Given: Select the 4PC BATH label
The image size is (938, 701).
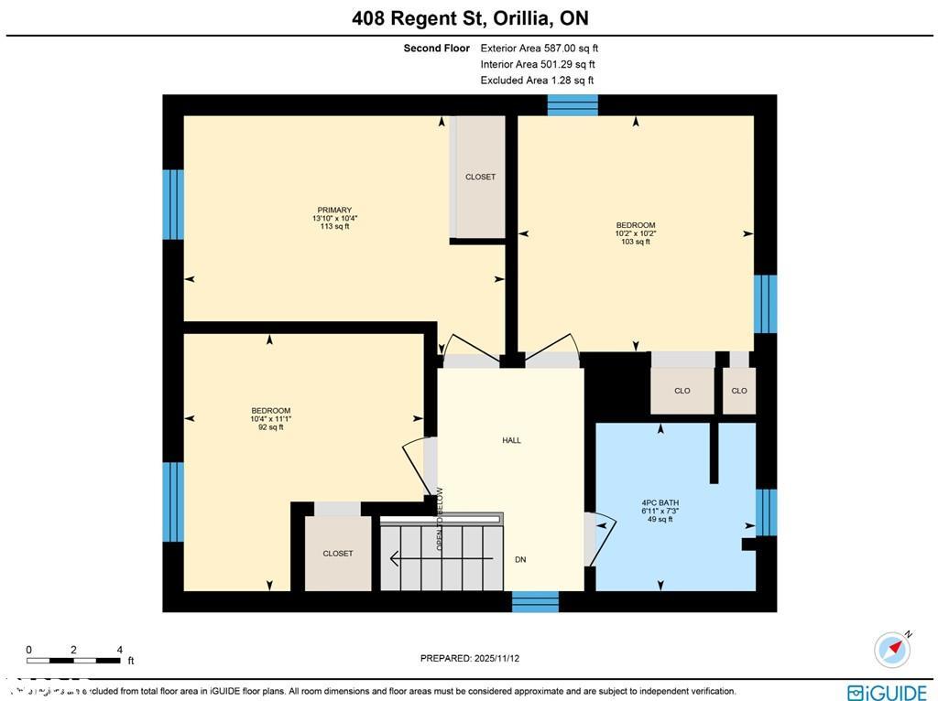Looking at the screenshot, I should [x=660, y=502].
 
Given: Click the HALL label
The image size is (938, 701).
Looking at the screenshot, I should [x=511, y=440].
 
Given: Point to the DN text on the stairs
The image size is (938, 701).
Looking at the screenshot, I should [x=520, y=559].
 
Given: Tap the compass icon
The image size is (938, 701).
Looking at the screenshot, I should [x=892, y=649].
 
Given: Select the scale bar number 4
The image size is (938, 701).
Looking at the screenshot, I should [x=120, y=650].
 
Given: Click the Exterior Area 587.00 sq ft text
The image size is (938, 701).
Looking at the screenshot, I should [x=539, y=49].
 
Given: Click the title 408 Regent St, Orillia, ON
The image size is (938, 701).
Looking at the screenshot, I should [x=470, y=18].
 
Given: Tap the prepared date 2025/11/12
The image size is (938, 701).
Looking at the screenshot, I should [x=475, y=658].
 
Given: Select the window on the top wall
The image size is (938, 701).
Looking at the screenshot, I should [x=573, y=104].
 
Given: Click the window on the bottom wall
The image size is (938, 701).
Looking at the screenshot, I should [x=535, y=601].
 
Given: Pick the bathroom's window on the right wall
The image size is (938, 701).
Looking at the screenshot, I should [x=766, y=512].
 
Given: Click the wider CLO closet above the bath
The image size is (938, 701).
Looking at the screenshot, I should [x=682, y=391].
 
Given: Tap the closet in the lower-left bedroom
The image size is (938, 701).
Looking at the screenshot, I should [x=337, y=554].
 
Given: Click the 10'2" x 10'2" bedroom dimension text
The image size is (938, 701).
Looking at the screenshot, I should [x=635, y=233].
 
